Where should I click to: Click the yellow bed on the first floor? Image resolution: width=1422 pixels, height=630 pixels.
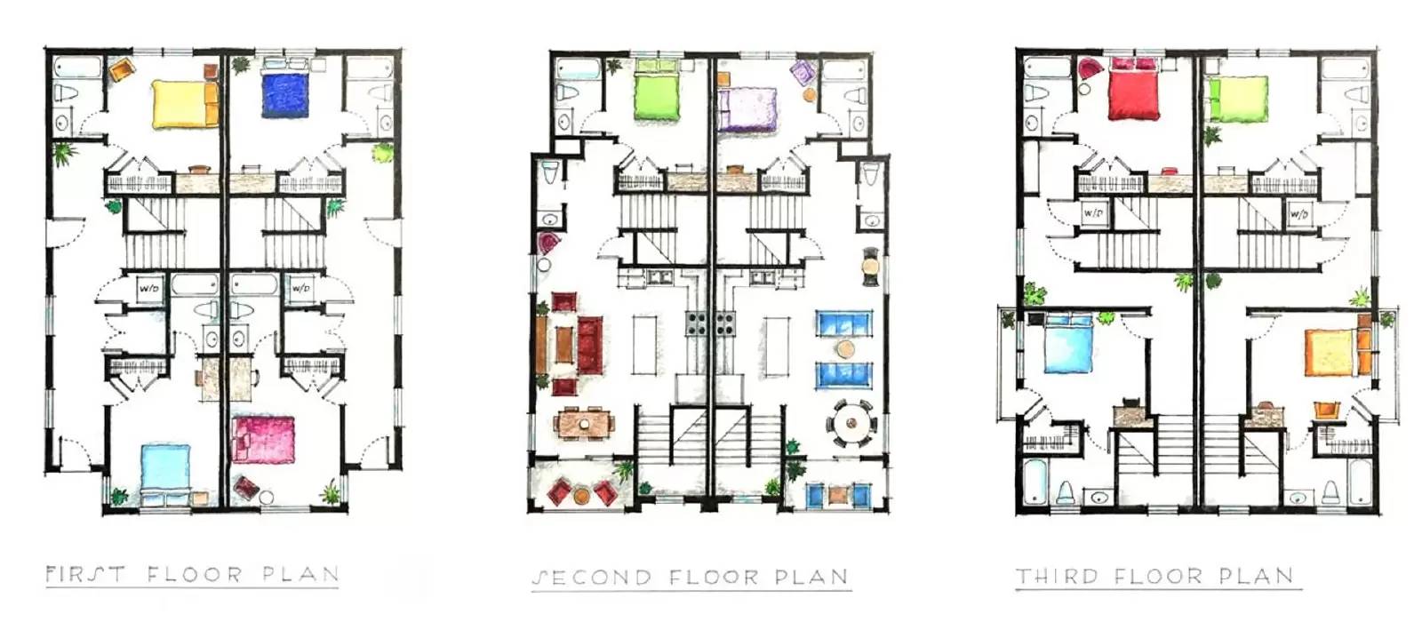184,104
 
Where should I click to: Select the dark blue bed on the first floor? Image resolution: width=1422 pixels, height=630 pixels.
285,95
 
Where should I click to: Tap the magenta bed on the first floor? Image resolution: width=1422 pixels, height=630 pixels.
263,439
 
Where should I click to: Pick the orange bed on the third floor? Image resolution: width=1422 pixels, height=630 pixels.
1331,352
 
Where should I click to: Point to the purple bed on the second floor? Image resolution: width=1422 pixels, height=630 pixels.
747,109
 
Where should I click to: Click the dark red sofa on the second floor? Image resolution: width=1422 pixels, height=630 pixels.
589,346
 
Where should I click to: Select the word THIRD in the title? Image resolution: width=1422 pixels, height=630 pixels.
1057,577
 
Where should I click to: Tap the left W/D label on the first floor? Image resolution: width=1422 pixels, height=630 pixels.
148,289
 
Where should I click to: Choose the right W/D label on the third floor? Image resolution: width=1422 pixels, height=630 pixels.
1298,214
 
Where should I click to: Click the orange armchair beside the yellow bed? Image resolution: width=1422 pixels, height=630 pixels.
120,69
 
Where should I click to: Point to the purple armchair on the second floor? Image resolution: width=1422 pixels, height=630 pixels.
803,72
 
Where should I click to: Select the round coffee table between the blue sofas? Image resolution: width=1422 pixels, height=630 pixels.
845,348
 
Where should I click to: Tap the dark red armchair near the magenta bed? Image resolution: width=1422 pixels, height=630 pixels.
246,487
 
